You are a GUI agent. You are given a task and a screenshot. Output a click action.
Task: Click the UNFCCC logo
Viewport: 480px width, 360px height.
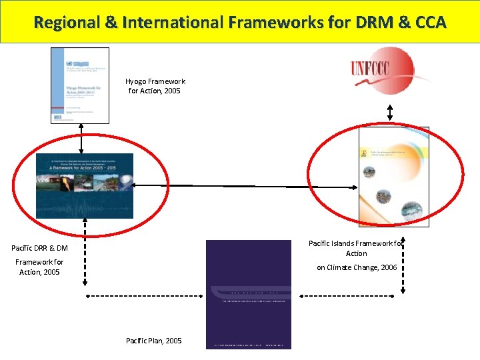(x=382, y=70)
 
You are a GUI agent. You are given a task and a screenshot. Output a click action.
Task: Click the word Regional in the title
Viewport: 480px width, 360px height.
(x=66, y=23)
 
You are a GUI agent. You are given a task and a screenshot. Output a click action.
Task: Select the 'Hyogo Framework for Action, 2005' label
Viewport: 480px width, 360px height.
(x=155, y=86)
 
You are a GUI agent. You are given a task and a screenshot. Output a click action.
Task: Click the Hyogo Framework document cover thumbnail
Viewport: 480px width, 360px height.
(x=80, y=85)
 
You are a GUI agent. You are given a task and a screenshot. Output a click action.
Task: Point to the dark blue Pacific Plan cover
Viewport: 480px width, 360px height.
(x=248, y=294)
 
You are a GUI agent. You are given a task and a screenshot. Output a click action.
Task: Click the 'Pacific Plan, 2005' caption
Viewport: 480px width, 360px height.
(x=153, y=341)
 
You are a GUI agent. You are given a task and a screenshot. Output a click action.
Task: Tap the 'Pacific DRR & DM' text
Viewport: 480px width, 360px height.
(x=39, y=248)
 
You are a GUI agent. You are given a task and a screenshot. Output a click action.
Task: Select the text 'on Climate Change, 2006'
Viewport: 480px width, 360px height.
(x=357, y=267)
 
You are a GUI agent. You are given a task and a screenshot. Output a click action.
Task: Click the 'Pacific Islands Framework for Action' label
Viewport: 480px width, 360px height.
(x=357, y=248)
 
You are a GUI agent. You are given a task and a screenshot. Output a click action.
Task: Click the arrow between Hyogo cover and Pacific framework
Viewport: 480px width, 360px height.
(x=81, y=139)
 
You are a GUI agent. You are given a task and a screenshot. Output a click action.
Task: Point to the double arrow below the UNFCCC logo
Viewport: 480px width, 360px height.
(x=391, y=114)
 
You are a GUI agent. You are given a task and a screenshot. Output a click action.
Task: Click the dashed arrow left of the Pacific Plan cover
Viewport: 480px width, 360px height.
(x=145, y=293)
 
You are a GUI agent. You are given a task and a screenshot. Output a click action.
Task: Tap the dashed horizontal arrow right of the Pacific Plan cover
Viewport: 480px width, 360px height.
(x=350, y=293)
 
